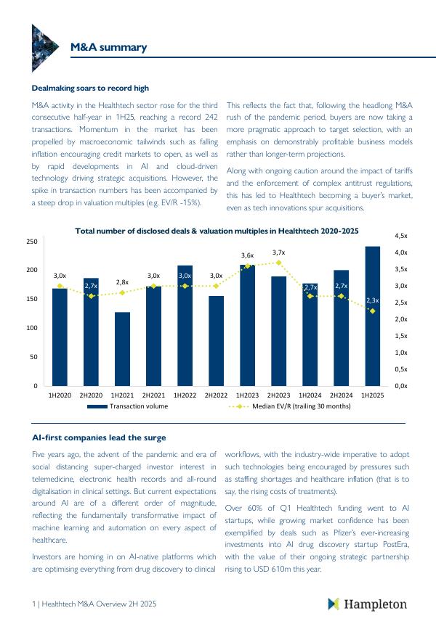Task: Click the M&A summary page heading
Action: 108,48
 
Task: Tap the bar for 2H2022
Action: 216,340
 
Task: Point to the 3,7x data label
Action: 278,252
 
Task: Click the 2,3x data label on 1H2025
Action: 372,300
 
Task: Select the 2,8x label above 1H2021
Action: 122,282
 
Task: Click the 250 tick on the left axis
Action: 32,241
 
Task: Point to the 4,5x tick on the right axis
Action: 401,237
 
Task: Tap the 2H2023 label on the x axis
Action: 278,395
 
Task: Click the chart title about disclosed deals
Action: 217,231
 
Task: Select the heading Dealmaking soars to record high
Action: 90,89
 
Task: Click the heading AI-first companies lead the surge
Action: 99,437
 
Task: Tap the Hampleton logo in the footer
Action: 367,604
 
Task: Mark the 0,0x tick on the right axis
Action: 401,386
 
